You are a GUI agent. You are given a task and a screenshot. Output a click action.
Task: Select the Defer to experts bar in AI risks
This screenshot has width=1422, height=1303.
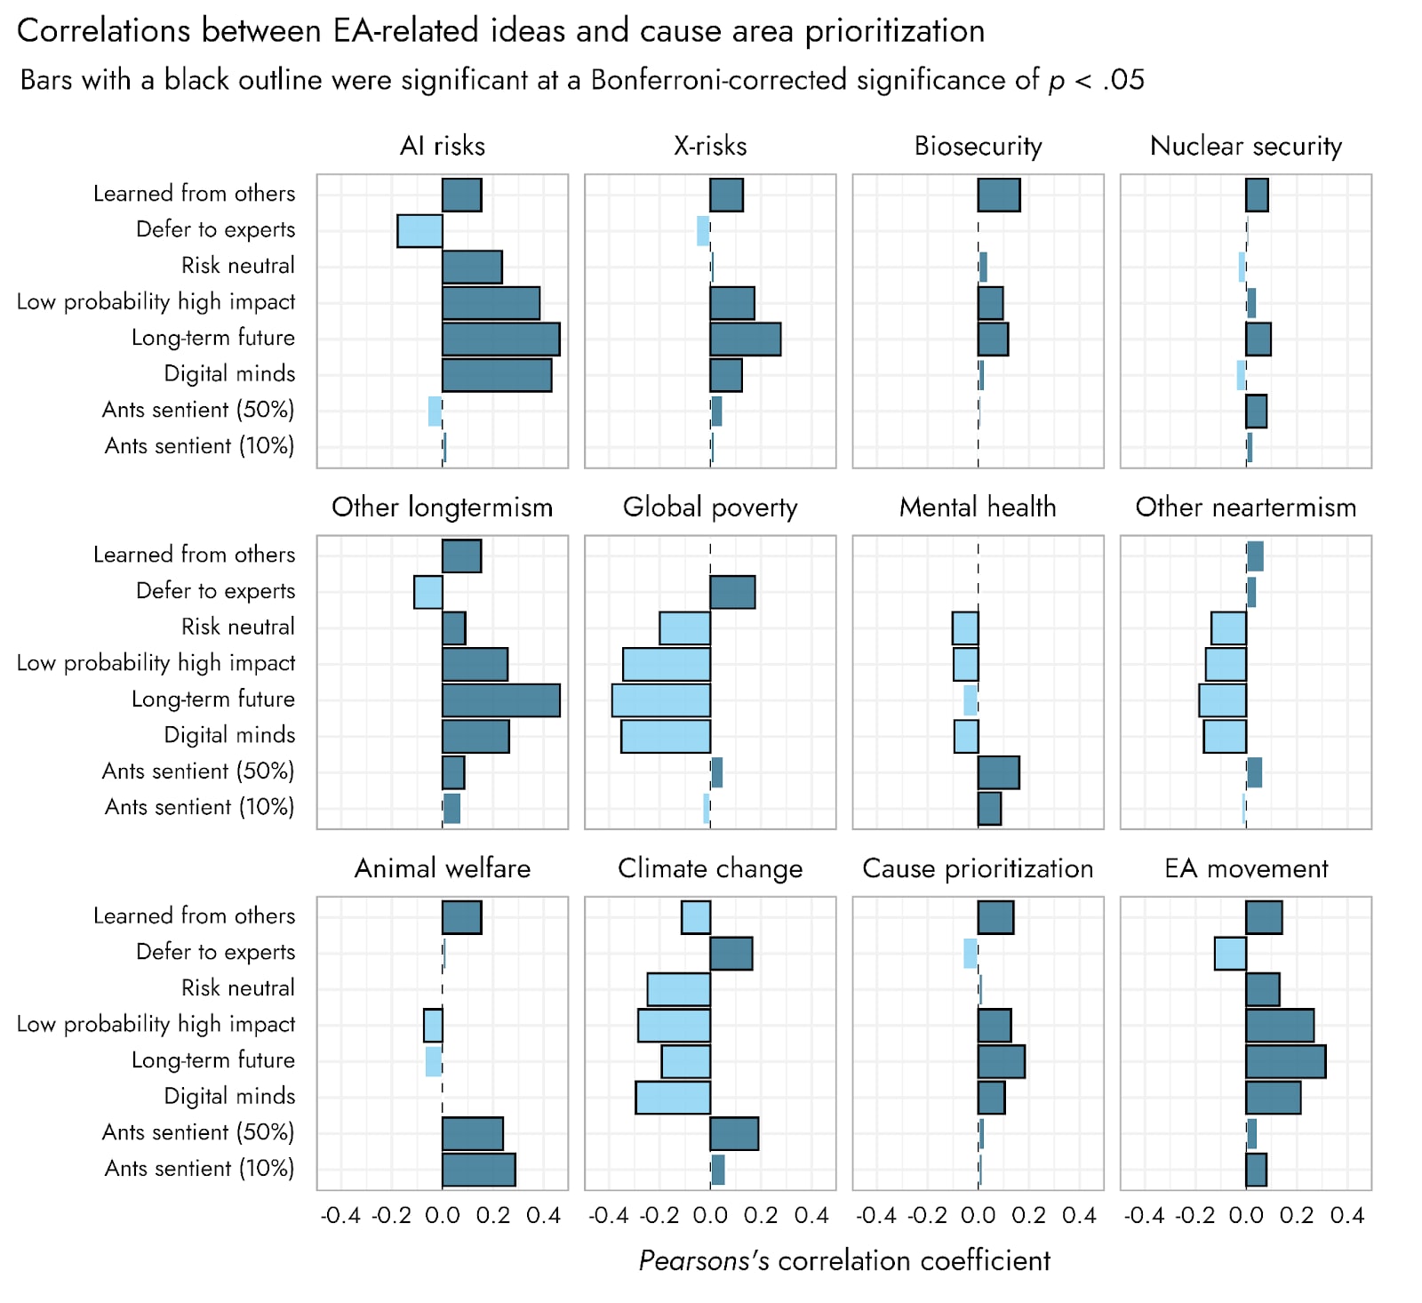(x=419, y=231)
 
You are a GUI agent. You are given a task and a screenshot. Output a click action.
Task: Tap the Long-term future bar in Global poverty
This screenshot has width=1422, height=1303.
(x=660, y=700)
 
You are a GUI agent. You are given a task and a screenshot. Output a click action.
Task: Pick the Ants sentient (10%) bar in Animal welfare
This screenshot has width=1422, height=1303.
(x=478, y=1170)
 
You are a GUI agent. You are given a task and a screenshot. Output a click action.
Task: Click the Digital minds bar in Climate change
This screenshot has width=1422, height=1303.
(x=673, y=1098)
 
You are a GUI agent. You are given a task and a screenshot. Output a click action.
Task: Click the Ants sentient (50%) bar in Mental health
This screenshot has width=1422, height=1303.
(x=998, y=772)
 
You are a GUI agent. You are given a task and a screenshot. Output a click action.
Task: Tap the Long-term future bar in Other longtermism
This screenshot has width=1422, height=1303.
(x=500, y=700)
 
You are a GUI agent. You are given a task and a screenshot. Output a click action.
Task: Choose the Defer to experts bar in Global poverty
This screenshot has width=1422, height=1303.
(x=732, y=592)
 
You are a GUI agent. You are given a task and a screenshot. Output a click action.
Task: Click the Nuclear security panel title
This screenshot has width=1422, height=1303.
(x=1245, y=146)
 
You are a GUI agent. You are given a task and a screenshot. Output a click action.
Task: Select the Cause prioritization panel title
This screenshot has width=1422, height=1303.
(x=978, y=868)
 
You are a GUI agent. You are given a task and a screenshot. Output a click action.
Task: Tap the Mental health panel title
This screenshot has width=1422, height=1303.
(x=978, y=508)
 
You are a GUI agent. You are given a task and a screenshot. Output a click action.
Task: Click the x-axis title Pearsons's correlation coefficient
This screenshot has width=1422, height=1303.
(x=844, y=1260)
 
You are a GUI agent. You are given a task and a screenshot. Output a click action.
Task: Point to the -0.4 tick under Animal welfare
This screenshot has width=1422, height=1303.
(x=340, y=1216)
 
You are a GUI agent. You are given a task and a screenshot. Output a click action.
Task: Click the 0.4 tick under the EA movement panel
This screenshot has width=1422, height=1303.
(x=1347, y=1216)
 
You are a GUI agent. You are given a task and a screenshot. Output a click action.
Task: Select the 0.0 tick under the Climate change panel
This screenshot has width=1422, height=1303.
(x=710, y=1216)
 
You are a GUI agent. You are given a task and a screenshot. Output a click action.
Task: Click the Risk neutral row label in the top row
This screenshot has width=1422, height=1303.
(x=237, y=266)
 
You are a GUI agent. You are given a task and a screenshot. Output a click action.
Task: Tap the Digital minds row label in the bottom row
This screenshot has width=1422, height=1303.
(x=229, y=1096)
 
